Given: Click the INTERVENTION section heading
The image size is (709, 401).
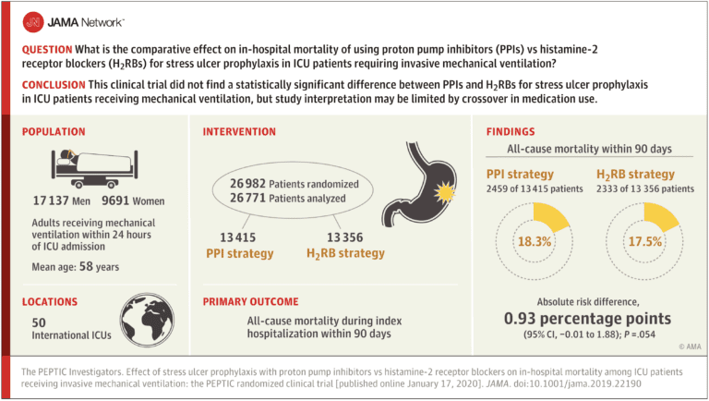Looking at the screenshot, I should [239, 131].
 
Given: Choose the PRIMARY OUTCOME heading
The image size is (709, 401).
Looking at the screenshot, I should [252, 300].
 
